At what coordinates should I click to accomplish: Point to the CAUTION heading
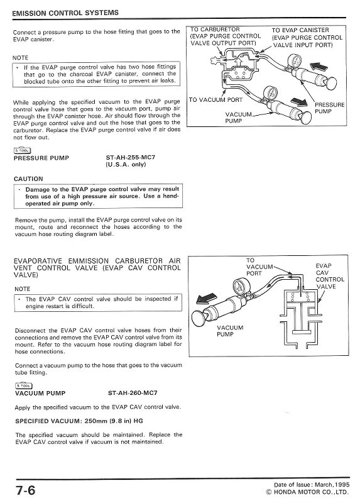pos(28,179)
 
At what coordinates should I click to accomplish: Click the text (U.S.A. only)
pos(128,165)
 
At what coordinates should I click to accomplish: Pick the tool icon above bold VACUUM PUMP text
pos(22,385)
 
